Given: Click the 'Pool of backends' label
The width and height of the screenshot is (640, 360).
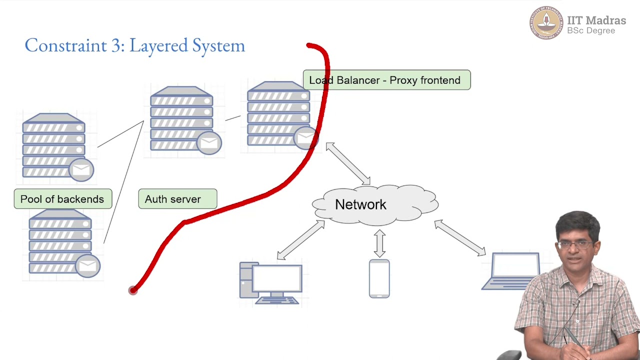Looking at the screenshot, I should (62, 199).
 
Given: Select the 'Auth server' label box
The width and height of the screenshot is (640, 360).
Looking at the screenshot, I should (177, 199).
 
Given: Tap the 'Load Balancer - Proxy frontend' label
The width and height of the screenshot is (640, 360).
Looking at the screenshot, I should (386, 80).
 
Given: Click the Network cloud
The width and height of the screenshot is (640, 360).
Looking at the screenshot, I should (375, 204).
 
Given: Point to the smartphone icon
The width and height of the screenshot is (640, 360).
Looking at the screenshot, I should (379, 278).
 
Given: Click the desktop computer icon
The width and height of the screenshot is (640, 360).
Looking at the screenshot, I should (270, 283).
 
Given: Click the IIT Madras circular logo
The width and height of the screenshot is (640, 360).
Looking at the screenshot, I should (546, 23).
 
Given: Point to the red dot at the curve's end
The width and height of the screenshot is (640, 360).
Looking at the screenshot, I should (132, 290).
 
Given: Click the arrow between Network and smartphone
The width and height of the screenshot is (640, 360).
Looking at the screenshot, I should (379, 243).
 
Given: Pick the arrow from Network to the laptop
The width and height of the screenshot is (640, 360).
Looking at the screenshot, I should (460, 238).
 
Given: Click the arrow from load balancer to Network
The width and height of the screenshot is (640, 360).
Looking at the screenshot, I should (348, 163).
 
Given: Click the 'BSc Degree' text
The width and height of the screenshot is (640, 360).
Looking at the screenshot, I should (591, 31).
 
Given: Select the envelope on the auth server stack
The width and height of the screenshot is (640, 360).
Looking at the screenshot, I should (209, 143).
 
